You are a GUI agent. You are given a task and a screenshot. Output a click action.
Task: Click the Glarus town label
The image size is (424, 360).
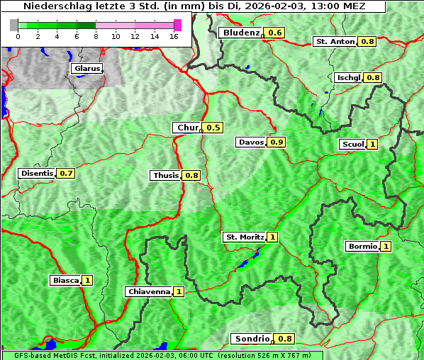(87, 69)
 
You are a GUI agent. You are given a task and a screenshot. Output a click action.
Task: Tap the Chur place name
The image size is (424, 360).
(187, 128)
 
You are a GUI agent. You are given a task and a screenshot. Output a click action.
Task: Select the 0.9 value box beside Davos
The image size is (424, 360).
(277, 142)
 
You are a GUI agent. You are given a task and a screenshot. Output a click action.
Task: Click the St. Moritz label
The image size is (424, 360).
(245, 237)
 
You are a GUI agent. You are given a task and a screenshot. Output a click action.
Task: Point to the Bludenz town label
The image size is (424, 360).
(240, 33)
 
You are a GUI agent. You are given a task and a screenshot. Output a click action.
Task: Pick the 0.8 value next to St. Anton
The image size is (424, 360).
(368, 42)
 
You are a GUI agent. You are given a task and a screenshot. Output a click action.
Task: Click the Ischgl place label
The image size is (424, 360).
(349, 77)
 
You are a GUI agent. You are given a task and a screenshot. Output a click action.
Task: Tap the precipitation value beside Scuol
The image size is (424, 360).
(372, 145)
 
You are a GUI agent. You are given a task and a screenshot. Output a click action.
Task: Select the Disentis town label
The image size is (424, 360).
(37, 173)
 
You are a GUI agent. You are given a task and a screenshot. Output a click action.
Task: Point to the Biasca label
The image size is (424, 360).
(66, 280)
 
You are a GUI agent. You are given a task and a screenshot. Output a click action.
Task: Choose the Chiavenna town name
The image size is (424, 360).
(149, 291)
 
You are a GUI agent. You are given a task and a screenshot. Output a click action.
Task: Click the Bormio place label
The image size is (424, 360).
(362, 247)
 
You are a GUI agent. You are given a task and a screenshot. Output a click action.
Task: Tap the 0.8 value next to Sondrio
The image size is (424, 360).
(285, 339)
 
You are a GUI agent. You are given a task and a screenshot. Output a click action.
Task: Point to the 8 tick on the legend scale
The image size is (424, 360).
(96, 35)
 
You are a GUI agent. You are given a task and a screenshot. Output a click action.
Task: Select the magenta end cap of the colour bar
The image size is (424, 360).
(178, 25)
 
